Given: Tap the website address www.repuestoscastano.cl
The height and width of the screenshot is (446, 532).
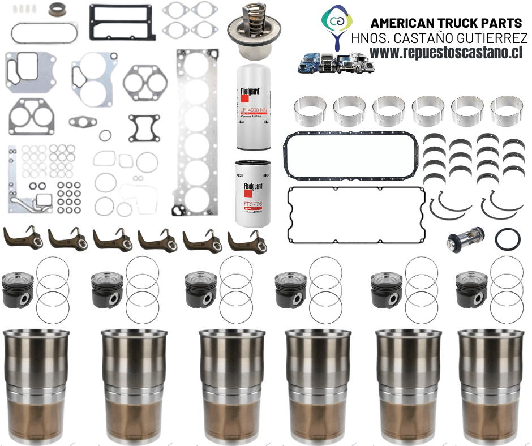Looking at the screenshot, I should (446, 52).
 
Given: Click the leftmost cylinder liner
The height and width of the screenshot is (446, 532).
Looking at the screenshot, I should (36, 384).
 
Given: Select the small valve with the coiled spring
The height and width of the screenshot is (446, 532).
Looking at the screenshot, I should (465, 238).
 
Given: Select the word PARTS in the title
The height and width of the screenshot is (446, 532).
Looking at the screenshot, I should (501, 23).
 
